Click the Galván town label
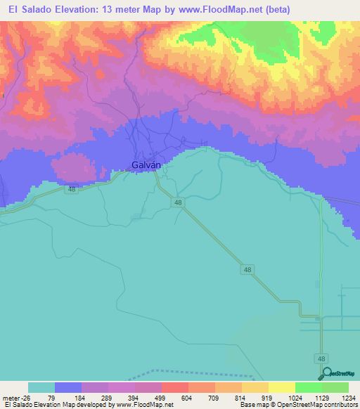(x=146, y=165)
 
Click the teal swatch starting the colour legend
(x=41, y=387)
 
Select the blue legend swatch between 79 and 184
(x=68, y=387)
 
